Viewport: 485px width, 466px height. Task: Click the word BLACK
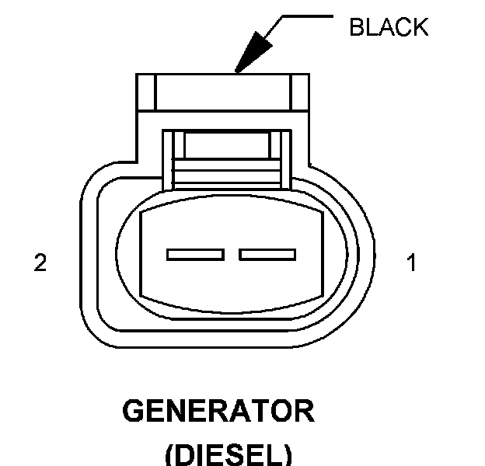point(389,28)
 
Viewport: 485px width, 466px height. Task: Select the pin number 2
point(40,264)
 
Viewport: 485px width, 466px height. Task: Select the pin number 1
point(412,264)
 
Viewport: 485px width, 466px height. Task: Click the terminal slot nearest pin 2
point(196,254)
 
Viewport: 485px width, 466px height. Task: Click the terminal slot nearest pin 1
point(267,254)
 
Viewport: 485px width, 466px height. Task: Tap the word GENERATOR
point(218,411)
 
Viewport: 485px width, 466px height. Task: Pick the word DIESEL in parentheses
point(228,454)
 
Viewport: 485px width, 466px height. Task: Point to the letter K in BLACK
point(420,28)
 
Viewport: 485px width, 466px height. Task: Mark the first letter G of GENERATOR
point(133,411)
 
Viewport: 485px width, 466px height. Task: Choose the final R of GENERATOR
point(305,411)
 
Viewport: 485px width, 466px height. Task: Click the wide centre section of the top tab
point(222,92)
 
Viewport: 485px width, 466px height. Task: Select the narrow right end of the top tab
point(300,92)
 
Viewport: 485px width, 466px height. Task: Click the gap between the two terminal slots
point(232,254)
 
